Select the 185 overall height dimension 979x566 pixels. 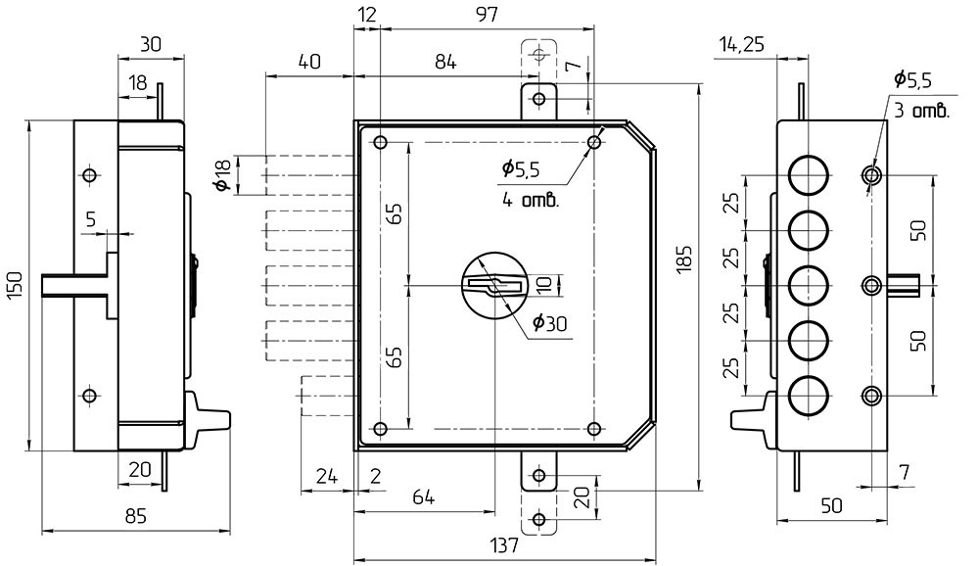coord(684,258)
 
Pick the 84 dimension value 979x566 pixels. coord(445,62)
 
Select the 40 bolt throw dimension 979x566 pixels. coord(308,62)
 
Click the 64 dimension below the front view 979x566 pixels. coord(423,496)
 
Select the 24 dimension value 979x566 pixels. coord(327,477)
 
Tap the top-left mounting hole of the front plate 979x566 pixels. coord(381,143)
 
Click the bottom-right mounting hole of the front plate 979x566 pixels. coord(594,429)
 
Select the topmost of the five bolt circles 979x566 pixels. coord(809,174)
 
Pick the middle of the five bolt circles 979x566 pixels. coord(809,285)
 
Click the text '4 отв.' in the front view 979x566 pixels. coord(530,202)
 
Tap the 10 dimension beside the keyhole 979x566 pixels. coord(546,285)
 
